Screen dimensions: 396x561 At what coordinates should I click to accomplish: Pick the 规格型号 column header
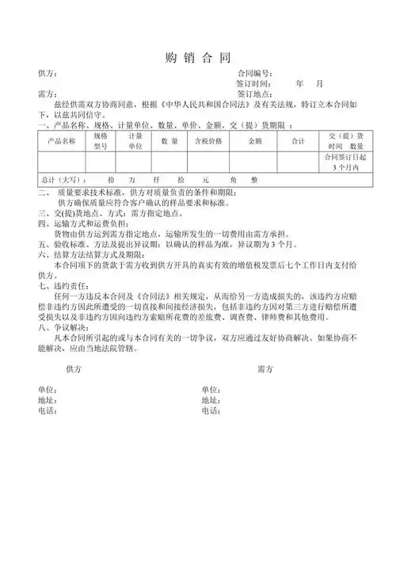[101, 141]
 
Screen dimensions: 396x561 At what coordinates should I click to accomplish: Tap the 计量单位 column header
[135, 141]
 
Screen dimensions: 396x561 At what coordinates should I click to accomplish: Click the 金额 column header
[254, 141]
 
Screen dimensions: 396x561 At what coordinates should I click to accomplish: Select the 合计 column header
[298, 141]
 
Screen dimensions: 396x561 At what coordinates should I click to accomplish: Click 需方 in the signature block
[265, 369]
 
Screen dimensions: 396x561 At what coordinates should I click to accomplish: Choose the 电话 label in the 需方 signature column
[210, 410]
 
